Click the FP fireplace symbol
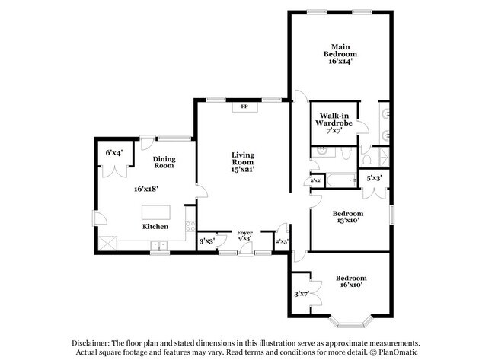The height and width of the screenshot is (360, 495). click(244, 107)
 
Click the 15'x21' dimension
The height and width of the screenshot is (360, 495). click(243, 169)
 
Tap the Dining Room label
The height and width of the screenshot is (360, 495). click(164, 162)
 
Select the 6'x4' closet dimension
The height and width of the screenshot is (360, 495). click(114, 152)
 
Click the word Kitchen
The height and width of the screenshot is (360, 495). click(156, 227)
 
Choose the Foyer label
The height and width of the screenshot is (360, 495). click(244, 232)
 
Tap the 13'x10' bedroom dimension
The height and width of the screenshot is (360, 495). click(347, 222)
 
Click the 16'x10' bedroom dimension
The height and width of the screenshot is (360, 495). click(351, 284)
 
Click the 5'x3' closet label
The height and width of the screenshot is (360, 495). click(374, 178)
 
